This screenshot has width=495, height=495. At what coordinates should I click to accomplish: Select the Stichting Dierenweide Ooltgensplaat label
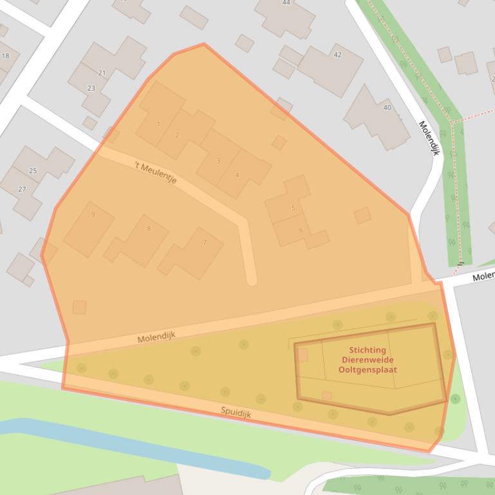click(368, 360)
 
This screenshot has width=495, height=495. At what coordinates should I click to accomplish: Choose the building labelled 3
click(218, 160)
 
